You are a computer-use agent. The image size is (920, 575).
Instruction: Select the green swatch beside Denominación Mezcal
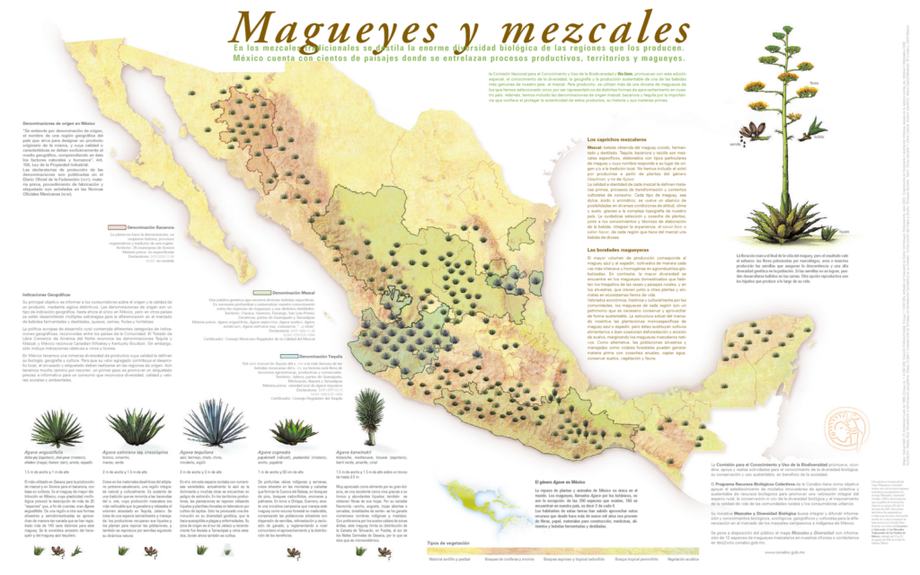pos(261,293)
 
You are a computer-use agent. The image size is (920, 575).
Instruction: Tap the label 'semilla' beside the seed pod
pos(737,144)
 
